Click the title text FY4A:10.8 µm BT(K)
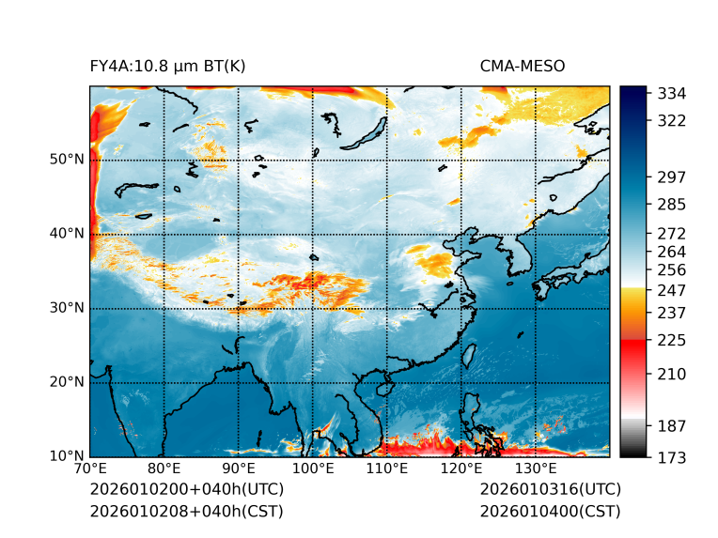coord(167,66)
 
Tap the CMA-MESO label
coord(522,66)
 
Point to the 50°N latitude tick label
coord(67,160)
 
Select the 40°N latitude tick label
coord(67,234)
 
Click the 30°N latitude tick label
coord(67,308)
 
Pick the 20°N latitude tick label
coord(67,382)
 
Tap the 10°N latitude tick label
coord(67,456)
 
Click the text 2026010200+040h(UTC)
coord(186,490)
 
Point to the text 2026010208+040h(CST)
coord(186,512)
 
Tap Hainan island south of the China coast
coord(383,387)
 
